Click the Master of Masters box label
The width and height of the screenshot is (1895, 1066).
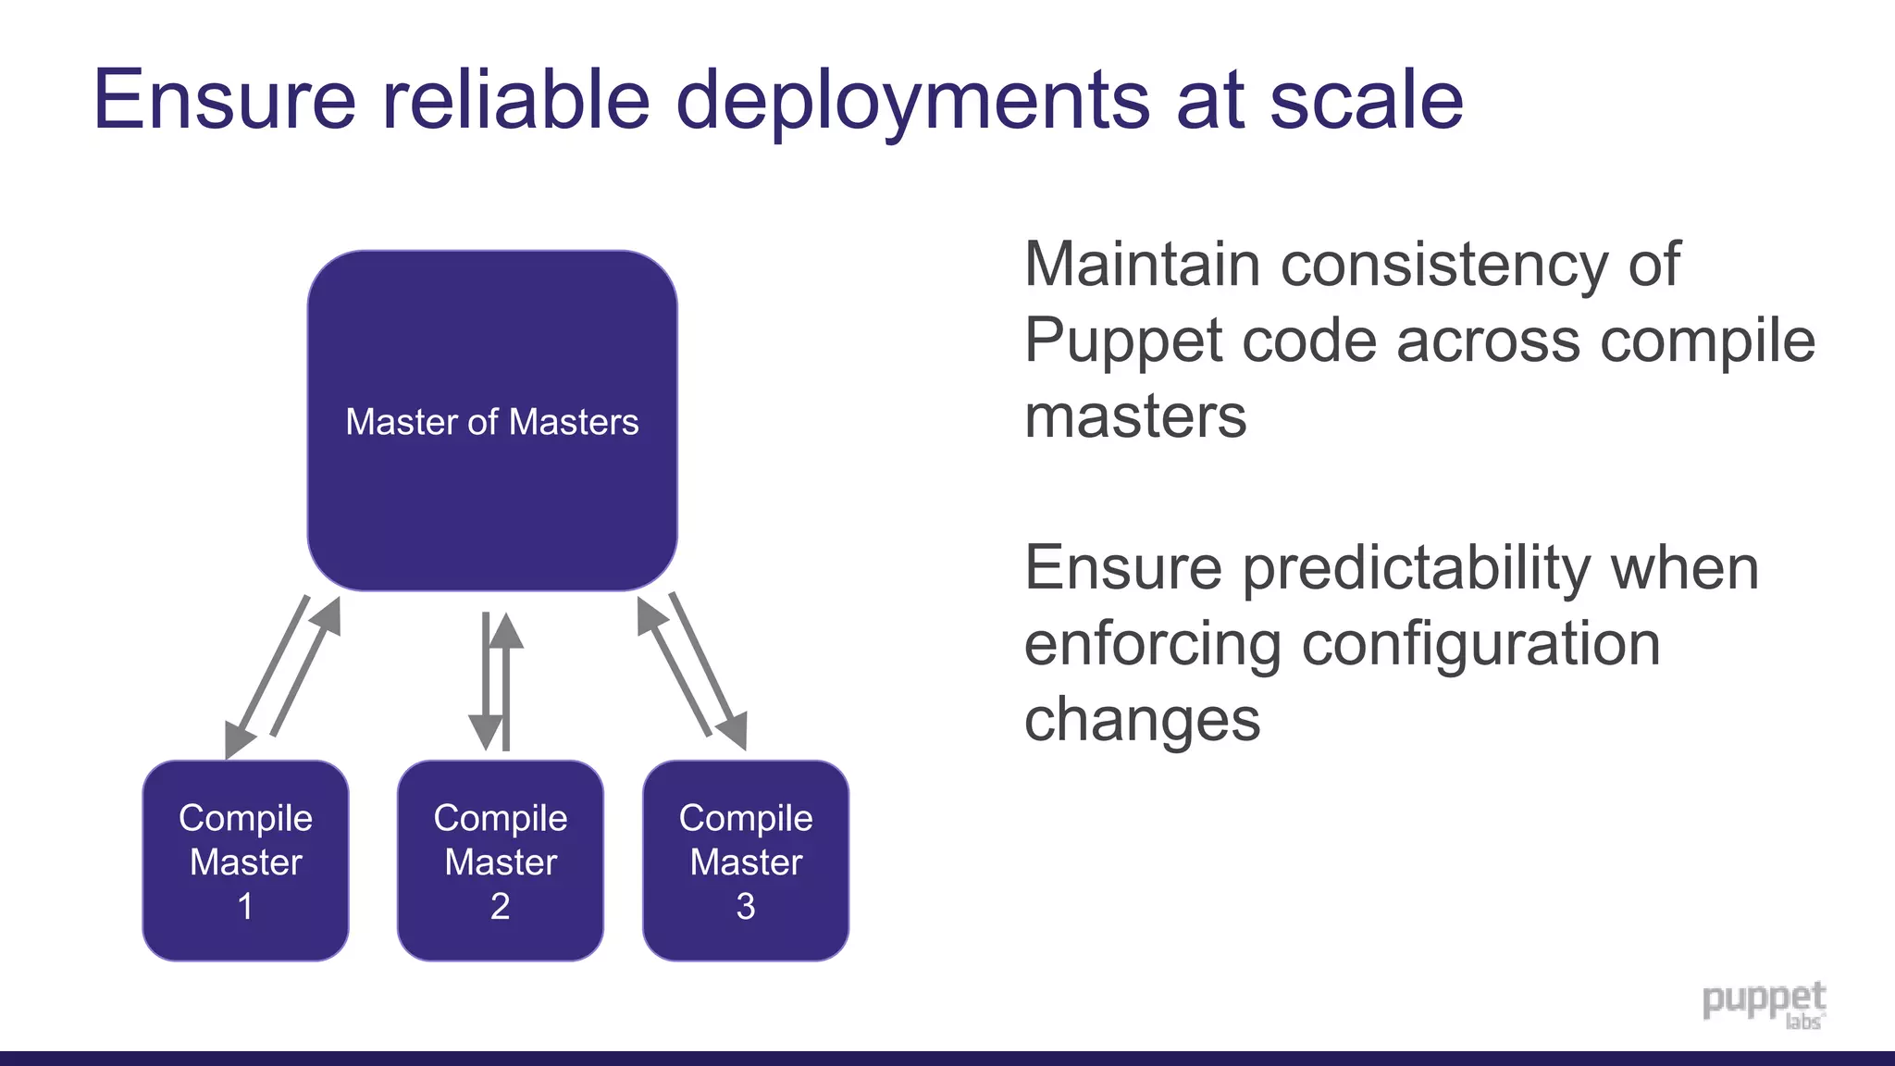(491, 422)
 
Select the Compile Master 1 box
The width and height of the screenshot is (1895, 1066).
(245, 861)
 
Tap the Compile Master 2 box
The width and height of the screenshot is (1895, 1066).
(500, 861)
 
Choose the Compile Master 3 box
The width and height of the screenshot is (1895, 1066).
(746, 861)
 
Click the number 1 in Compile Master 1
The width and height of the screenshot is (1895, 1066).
(245, 906)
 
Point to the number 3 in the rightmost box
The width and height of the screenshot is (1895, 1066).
(746, 906)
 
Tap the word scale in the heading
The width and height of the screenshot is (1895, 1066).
(1366, 99)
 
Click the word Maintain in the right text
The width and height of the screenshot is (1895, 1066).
(1142, 265)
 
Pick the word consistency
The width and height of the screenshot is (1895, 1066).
(1444, 266)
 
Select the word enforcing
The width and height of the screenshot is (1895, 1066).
(1152, 645)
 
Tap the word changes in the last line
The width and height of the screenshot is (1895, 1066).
(1142, 721)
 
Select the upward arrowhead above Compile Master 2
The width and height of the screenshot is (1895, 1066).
(506, 631)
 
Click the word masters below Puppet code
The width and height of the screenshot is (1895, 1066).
(1135, 417)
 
